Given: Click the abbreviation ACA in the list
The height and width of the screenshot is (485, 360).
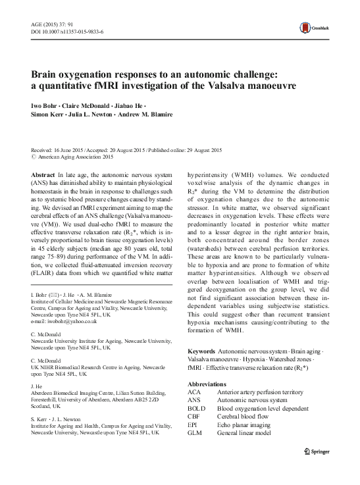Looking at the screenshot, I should click(x=195, y=391).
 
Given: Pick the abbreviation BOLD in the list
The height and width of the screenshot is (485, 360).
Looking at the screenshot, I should click(x=197, y=408).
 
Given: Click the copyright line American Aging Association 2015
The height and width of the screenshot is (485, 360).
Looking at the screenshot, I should click(x=76, y=157).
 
